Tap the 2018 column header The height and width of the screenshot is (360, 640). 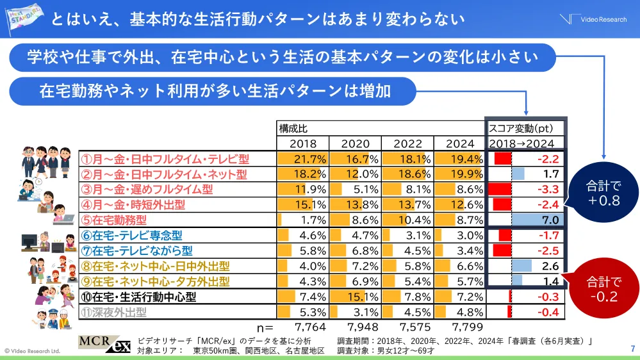click(303, 143)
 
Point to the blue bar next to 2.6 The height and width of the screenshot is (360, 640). click(521, 266)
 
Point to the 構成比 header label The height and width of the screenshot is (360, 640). click(292, 127)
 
